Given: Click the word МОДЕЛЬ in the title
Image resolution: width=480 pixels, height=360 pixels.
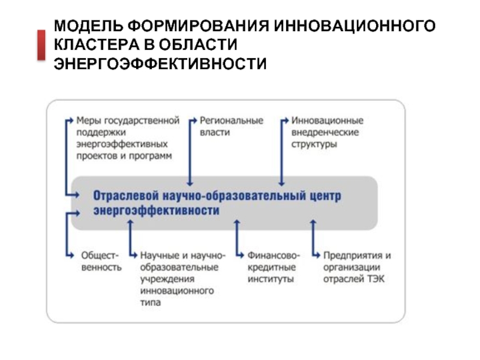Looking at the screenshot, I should tap(88, 27).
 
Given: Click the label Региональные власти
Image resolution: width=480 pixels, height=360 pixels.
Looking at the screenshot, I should tap(231, 127).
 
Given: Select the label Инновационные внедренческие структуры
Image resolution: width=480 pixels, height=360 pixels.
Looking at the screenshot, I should tap(326, 133).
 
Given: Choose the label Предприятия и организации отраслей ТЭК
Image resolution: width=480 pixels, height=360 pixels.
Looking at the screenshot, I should tap(357, 268).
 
